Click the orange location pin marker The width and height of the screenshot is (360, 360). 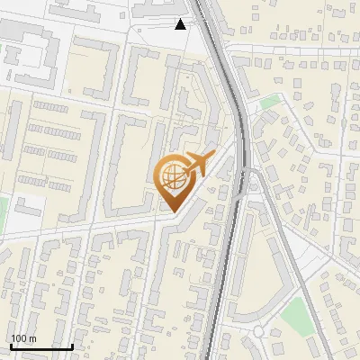pyautogui.click(x=175, y=180)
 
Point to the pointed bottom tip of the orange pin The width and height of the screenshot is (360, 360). pyautogui.click(x=172, y=212)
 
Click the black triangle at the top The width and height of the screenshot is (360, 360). pyautogui.click(x=181, y=24)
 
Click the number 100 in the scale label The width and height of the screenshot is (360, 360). pyautogui.click(x=19, y=338)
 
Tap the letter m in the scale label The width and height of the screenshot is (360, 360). pyautogui.click(x=32, y=338)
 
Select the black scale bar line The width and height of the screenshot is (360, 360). pyautogui.click(x=41, y=346)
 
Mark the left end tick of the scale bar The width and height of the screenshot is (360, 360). pyautogui.click(x=11, y=345)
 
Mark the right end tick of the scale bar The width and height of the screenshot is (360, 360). pyautogui.click(x=72, y=345)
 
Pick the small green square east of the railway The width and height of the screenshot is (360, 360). pyautogui.click(x=269, y=103)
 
